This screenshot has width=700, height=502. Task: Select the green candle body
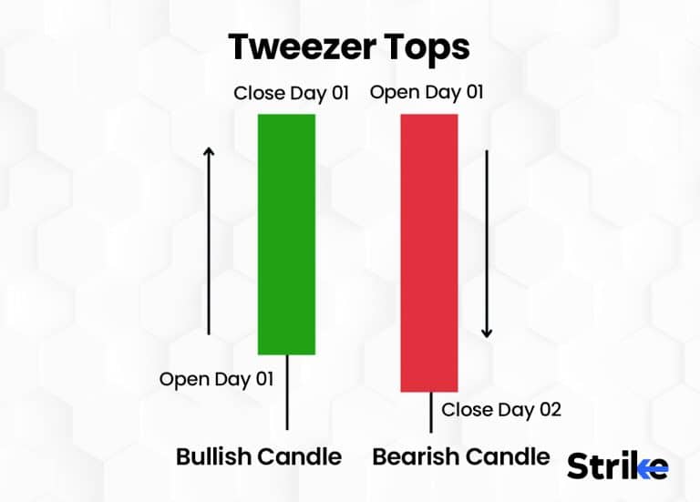coord(287,234)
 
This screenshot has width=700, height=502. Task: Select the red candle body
coord(429,253)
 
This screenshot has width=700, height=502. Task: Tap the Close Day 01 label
coord(292,93)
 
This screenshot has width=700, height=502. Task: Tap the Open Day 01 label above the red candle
coord(427,92)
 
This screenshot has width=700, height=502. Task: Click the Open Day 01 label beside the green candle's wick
coord(216,379)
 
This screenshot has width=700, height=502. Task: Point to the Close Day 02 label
coord(501,409)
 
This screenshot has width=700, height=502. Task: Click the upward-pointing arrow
coord(209,241)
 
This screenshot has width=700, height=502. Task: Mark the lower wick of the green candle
coord(287,392)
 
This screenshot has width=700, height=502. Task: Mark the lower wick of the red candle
coord(430,412)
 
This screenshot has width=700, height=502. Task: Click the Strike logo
coord(617,466)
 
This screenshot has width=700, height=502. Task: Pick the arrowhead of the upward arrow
coord(209,151)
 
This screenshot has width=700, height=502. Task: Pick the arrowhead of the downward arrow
coord(488,332)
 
